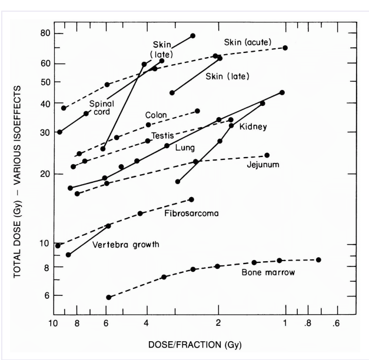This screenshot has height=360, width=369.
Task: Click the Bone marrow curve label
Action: (x=268, y=273)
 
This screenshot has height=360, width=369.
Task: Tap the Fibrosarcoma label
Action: (x=191, y=214)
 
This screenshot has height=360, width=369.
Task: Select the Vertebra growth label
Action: (x=125, y=244)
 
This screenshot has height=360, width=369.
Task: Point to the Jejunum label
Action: (x=263, y=164)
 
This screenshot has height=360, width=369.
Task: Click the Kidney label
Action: (x=255, y=126)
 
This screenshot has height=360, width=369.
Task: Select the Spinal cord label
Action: (x=101, y=108)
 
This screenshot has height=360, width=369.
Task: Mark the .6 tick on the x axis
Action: (x=337, y=323)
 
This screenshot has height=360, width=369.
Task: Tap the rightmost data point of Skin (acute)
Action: (x=285, y=48)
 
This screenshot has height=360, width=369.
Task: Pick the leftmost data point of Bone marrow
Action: (x=108, y=297)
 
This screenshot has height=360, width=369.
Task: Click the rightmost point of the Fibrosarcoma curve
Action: (x=191, y=199)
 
